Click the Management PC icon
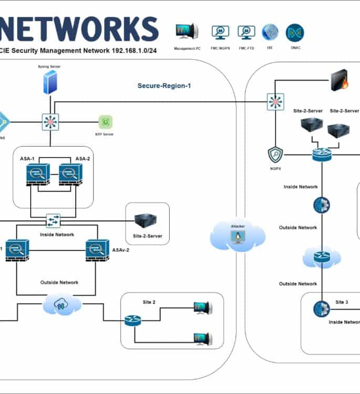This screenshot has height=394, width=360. [187, 32]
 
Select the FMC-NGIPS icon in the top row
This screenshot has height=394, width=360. [220, 33]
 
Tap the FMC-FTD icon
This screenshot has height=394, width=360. [246, 33]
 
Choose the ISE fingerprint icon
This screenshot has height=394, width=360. [270, 33]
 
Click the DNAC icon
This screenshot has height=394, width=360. [294, 33]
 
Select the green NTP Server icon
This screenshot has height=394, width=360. [106, 122]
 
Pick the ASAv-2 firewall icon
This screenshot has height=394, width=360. [97, 250]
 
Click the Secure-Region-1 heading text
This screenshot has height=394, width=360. [164, 86]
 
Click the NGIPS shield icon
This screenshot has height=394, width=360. [275, 154]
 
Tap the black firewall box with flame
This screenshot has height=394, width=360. [340, 82]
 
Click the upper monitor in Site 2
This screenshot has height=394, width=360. [202, 308]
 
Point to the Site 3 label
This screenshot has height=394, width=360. [342, 302]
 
